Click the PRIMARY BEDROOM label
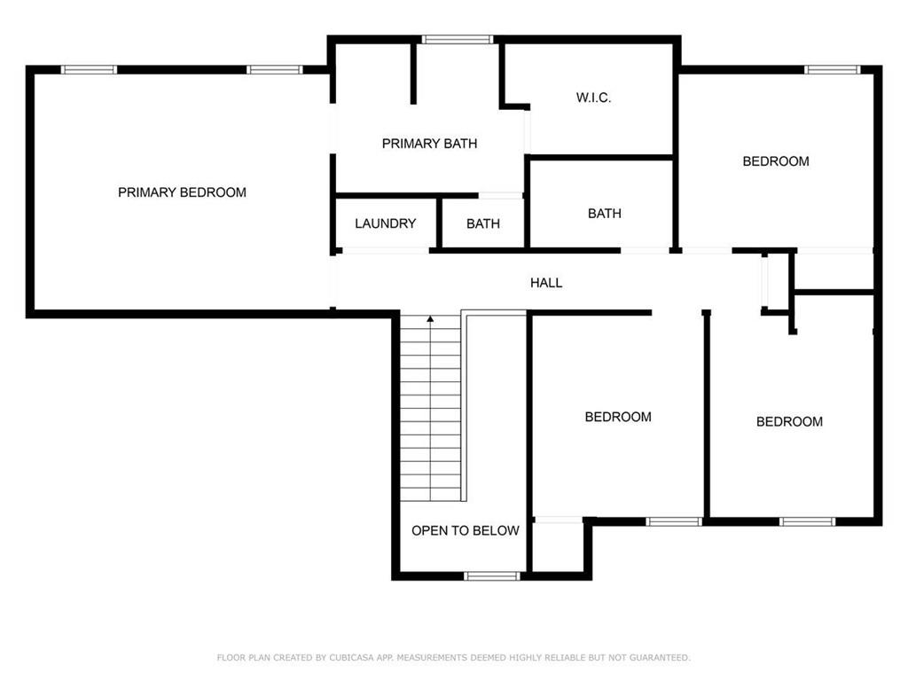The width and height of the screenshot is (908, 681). click(x=182, y=192)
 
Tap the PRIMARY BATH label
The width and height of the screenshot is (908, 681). click(x=430, y=144)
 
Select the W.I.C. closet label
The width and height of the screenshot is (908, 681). click(x=593, y=98)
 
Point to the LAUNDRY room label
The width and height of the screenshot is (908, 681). click(x=385, y=223)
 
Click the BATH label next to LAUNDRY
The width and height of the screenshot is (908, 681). click(x=483, y=223)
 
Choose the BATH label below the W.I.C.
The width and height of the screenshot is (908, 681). click(x=605, y=214)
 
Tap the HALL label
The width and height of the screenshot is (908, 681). click(x=546, y=283)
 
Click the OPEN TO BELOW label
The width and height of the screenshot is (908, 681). click(x=465, y=530)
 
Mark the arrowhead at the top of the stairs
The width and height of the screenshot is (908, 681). click(x=430, y=319)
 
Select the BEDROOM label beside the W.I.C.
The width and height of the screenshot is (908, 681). click(x=776, y=161)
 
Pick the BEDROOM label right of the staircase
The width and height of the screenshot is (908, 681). click(x=618, y=417)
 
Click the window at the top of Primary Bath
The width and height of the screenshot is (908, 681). click(x=458, y=39)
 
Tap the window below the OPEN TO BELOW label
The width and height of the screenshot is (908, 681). click(x=492, y=575)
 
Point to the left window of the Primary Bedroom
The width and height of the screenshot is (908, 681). click(x=90, y=69)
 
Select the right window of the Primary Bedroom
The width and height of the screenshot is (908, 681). click(x=275, y=69)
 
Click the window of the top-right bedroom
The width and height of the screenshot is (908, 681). click(x=832, y=69)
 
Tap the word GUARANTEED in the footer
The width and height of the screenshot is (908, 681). click(x=660, y=657)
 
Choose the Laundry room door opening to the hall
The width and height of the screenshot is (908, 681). click(x=385, y=251)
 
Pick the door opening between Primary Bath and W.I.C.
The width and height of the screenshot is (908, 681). click(x=527, y=132)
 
